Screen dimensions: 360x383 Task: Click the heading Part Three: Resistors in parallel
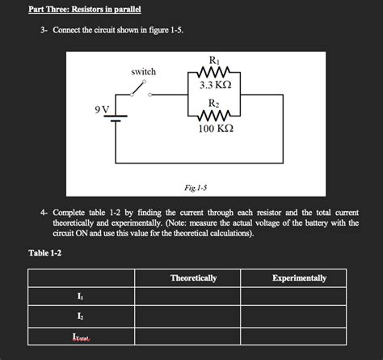[74, 9]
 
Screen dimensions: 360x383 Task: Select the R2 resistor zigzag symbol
[213, 115]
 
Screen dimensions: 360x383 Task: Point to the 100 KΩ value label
[214, 129]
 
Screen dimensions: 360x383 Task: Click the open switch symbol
[142, 91]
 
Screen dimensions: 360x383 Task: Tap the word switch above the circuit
[143, 72]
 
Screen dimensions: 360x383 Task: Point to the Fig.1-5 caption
[196, 188]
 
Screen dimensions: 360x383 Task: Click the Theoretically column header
[193, 277]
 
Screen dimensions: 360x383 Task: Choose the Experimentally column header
[299, 277]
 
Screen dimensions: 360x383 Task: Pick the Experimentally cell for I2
[298, 316]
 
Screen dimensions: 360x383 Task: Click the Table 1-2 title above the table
[45, 253]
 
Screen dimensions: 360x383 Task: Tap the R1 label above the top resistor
[213, 60]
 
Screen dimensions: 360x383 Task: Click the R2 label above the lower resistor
[213, 104]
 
